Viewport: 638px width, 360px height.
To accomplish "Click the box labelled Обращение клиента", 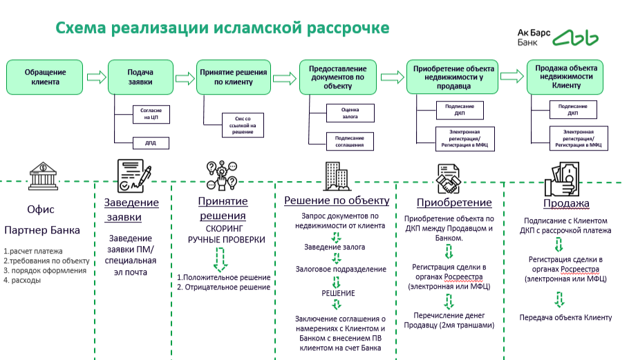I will (x=46, y=77).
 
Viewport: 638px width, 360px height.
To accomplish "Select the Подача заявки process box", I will (x=140, y=77).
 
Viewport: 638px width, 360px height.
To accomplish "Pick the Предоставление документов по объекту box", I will (x=338, y=77).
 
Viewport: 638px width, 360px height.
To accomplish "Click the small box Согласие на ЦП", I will (x=150, y=114).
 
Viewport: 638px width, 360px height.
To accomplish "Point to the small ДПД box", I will (x=150, y=144).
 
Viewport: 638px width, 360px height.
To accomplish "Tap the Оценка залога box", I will (x=350, y=113).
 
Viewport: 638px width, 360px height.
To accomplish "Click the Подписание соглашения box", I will (x=350, y=142).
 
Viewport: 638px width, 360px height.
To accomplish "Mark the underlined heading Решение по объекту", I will (x=337, y=200).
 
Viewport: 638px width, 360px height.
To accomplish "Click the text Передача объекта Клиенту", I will (x=565, y=317).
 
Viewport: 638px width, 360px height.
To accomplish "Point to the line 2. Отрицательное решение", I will (x=223, y=287).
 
